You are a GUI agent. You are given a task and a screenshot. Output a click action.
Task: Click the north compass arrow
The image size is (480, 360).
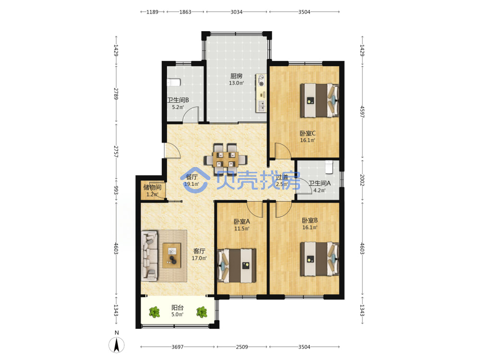pyautogui.click(x=116, y=345)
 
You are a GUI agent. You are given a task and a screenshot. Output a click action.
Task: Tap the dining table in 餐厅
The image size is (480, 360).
pyautogui.click(x=226, y=159)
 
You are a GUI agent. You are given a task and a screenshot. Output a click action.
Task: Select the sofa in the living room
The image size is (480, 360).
pyautogui.click(x=150, y=256)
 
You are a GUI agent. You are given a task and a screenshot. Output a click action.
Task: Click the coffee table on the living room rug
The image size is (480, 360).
pyautogui.click(x=172, y=255)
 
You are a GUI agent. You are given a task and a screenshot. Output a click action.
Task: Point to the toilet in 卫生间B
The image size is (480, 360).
pyautogui.click(x=173, y=83)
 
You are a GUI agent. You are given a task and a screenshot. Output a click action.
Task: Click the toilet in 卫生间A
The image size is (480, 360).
pyautogui.click(x=329, y=167)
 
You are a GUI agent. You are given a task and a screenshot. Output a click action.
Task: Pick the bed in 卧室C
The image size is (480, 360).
pyautogui.click(x=319, y=100)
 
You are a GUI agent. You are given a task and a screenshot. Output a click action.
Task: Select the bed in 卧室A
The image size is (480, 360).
pyautogui.click(x=237, y=265)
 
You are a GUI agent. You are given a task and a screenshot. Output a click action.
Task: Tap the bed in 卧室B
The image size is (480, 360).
pyautogui.click(x=319, y=259)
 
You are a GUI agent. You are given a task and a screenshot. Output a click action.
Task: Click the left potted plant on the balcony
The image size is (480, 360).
pyautogui.click(x=154, y=312)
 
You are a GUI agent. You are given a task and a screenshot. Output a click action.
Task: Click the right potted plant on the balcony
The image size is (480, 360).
pyautogui.click(x=202, y=312)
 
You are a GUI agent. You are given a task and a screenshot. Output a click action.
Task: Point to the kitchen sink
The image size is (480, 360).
pyautogui.click(x=262, y=106)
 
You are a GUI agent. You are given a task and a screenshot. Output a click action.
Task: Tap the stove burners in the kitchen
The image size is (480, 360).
pyautogui.click(x=261, y=80)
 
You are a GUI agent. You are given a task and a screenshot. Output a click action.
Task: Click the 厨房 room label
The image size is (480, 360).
pyautogui.click(x=236, y=76)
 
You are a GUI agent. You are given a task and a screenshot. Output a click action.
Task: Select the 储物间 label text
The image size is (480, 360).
pyautogui.click(x=152, y=187)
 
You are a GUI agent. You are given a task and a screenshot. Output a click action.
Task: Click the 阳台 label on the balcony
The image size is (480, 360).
pyautogui.click(x=177, y=308)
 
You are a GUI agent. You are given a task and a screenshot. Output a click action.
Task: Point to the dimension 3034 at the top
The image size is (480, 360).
pyautogui.click(x=236, y=12)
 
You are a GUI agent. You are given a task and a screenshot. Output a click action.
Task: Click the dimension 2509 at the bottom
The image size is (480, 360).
pyautogui.click(x=242, y=347)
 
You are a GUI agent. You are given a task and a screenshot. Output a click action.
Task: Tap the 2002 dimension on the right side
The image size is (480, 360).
pyautogui.click(x=362, y=180)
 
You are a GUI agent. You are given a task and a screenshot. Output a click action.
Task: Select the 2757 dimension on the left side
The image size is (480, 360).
pyautogui.click(x=116, y=152)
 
